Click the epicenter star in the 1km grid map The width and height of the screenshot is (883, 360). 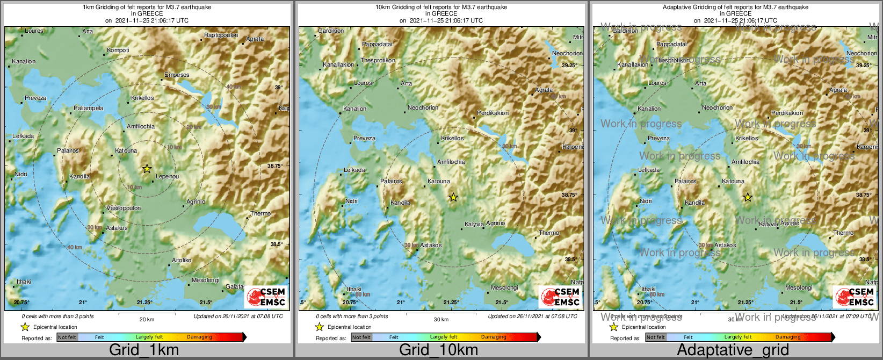pos(147,169)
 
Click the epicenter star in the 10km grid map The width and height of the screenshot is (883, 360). pos(453,197)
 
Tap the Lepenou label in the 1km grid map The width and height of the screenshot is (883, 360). pos(167,176)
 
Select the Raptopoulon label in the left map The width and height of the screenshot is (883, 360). pos(221,35)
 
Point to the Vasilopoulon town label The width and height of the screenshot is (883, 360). pos(124,208)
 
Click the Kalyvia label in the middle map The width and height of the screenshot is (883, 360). pos(474,224)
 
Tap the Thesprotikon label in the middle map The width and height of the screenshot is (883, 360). pos(378,61)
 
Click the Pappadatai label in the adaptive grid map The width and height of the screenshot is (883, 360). pos(671,45)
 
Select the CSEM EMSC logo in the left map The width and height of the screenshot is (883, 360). pos(266,297)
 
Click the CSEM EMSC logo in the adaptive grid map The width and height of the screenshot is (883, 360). pos(855,297)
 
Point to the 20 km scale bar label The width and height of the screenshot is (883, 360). pos(147,319)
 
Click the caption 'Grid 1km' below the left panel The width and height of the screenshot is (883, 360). pos(144,350)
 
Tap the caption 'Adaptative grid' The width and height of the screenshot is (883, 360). pos(733,350)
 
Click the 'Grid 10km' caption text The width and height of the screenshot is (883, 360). pos(438,350)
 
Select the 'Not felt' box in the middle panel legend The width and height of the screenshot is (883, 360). pos(361,337)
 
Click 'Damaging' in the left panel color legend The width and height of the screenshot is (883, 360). pos(199,337)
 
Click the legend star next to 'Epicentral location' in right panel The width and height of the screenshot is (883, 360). pos(614,327)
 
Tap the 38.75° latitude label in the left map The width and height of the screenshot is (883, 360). pos(274,166)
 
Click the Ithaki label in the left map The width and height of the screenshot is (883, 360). pos(24,282)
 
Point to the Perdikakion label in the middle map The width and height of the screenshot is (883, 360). pos(493,113)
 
